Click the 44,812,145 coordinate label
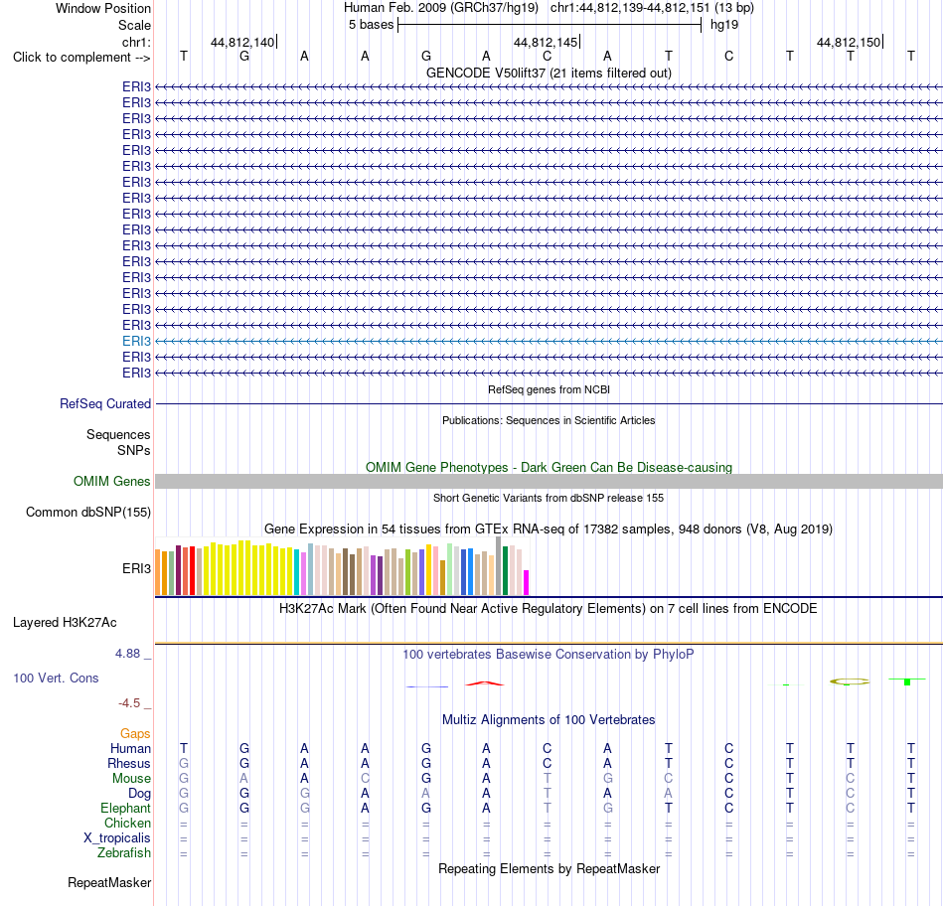[x=545, y=42]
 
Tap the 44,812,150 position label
[x=849, y=42]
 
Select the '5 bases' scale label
[x=371, y=25]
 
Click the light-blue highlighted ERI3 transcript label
[x=137, y=342]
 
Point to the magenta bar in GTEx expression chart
[x=527, y=583]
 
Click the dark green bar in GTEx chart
[x=505, y=570]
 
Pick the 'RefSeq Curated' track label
[x=105, y=404]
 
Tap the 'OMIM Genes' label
[x=112, y=481]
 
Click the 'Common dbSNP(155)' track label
[x=88, y=513]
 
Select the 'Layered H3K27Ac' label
[x=65, y=623]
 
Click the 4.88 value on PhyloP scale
[x=127, y=653]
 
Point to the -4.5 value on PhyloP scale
[x=129, y=703]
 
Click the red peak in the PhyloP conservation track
[x=485, y=683]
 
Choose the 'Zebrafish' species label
[x=124, y=853]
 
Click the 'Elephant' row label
[x=126, y=809]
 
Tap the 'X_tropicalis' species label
[x=117, y=838]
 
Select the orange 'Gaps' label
[x=135, y=734]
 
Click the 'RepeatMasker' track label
[x=109, y=882]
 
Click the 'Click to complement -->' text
[x=81, y=58]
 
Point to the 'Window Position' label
[x=103, y=8]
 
